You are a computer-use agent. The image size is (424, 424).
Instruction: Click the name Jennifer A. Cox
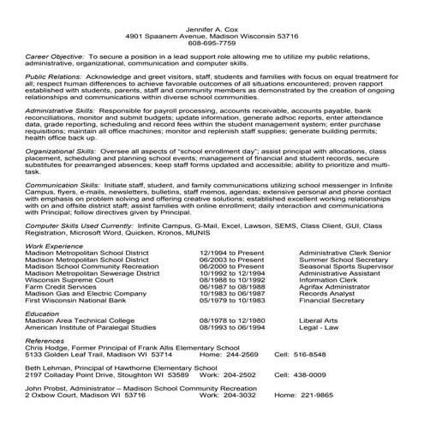tap(211, 30)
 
